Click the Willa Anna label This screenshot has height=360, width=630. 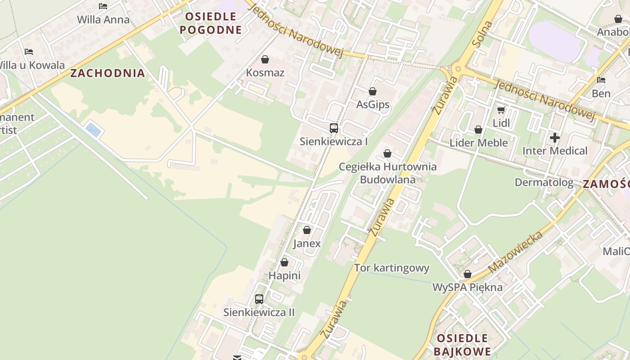click(x=103, y=20)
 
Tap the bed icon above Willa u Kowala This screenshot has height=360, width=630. click(x=29, y=52)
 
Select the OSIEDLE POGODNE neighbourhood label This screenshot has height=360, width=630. click(x=211, y=23)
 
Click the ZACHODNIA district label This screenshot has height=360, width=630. click(x=108, y=73)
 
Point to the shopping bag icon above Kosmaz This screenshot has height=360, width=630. click(x=265, y=59)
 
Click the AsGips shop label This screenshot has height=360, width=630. click(x=373, y=105)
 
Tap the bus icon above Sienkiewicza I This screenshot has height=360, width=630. click(x=333, y=128)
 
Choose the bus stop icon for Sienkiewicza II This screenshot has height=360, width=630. click(x=259, y=299)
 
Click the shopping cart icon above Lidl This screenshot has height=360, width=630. click(x=501, y=110)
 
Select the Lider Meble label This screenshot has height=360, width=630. click(x=478, y=143)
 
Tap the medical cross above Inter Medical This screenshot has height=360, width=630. click(x=555, y=138)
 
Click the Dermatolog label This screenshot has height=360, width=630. click(x=544, y=183)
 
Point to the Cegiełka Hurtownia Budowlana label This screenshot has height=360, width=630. click(x=387, y=173)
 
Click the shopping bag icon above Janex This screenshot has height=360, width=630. click(x=307, y=230)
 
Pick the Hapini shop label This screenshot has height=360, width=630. click(x=284, y=275)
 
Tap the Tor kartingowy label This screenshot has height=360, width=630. click(x=391, y=268)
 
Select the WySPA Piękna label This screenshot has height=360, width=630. click(x=467, y=287)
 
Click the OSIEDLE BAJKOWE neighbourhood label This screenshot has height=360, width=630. click(x=462, y=345)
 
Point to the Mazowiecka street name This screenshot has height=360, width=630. click(x=515, y=252)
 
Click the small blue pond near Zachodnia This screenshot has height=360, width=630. click(x=93, y=130)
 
